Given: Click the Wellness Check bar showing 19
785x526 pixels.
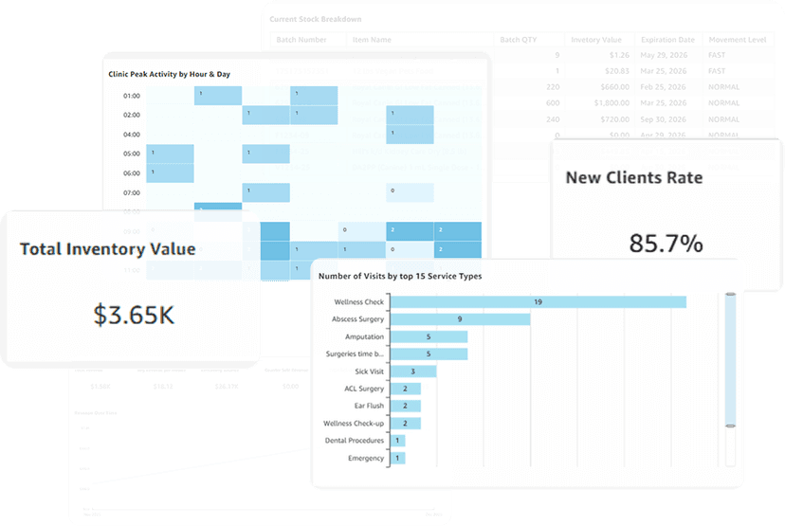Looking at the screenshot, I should coord(538,302).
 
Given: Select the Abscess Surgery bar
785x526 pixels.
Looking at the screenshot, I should coord(460,319).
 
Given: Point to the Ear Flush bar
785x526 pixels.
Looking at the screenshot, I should coord(405,406).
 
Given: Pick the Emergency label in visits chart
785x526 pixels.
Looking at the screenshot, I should coord(366,458).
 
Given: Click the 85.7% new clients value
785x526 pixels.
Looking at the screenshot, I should coord(666,244).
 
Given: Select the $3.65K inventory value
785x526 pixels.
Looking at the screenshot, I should coord(134,315).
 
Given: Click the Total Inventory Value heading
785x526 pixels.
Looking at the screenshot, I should coord(107,249).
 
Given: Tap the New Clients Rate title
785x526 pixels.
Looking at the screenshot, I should coord(633,177).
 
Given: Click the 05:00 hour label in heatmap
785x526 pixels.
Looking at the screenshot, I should coord(131,154).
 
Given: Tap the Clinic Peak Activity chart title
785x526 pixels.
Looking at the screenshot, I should coord(169,74).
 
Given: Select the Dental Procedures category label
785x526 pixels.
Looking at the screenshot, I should coord(354,441).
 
